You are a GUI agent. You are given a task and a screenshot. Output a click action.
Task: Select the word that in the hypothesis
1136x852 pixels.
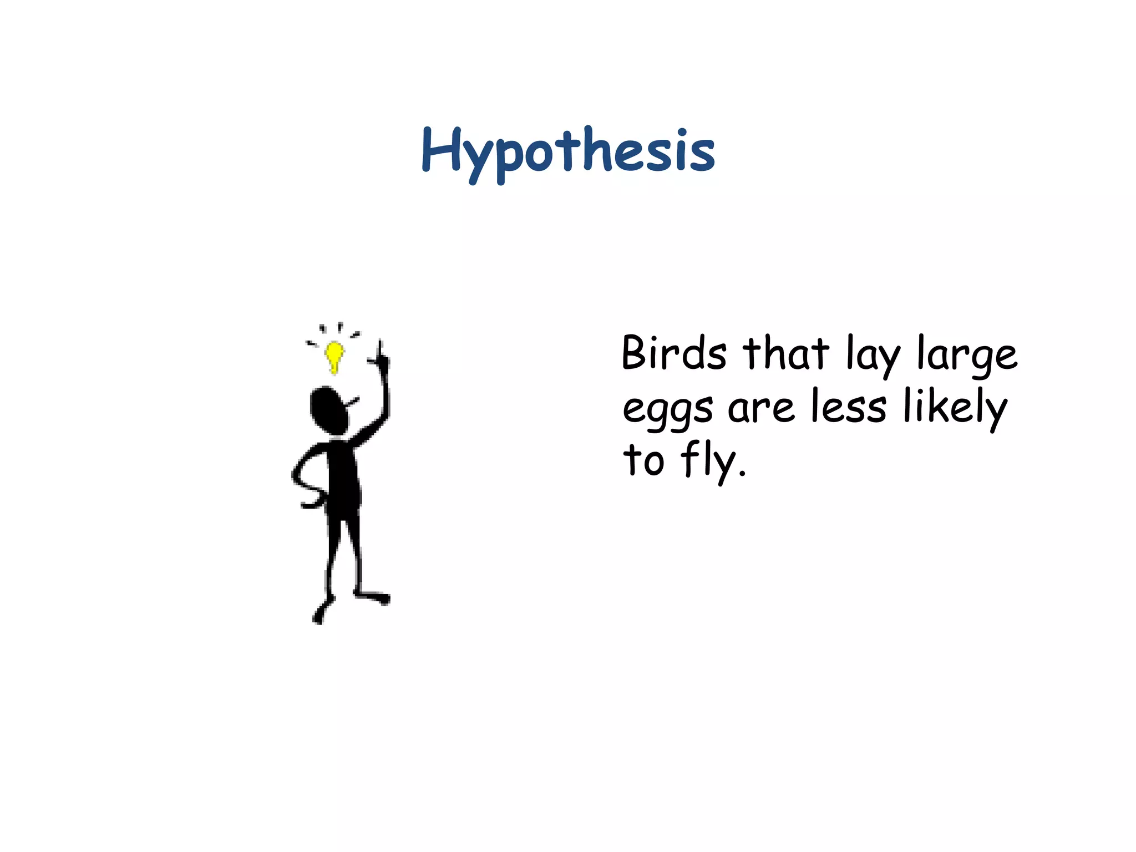(x=786, y=353)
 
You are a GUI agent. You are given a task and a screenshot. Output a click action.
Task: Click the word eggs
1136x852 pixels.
(x=668, y=409)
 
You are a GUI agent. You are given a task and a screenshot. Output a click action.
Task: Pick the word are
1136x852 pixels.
(x=761, y=408)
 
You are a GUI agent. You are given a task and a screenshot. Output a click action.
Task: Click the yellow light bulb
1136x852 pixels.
(x=334, y=355)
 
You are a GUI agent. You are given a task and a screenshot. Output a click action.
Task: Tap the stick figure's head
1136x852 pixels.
(x=329, y=410)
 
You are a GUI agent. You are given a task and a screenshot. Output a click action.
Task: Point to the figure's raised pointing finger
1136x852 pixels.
(x=381, y=349)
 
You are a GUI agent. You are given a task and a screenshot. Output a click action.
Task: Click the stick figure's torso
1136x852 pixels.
(x=343, y=477)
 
